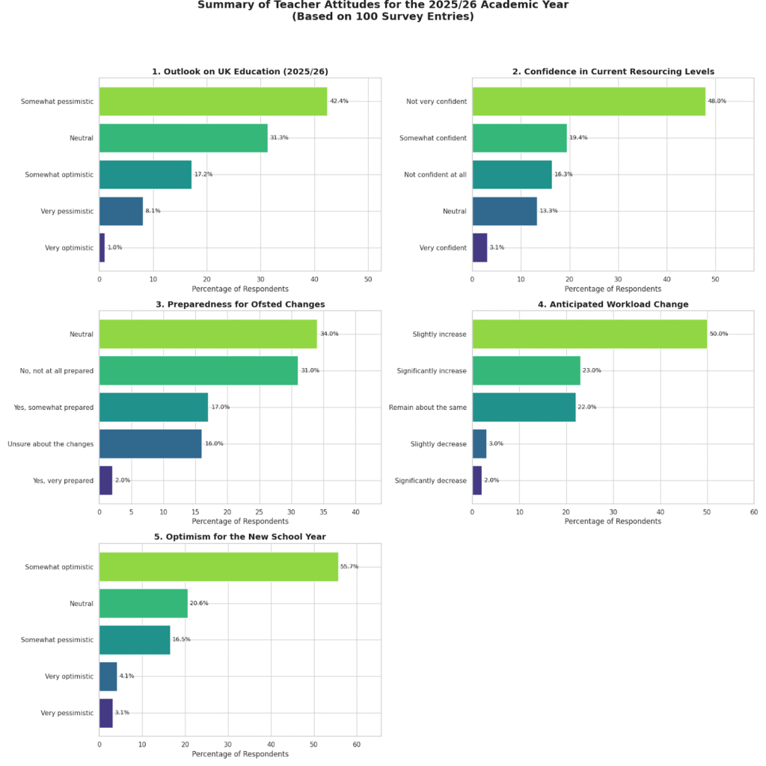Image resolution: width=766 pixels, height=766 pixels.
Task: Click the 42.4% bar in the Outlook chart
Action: pos(213,101)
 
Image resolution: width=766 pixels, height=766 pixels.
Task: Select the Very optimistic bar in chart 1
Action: pos(102,248)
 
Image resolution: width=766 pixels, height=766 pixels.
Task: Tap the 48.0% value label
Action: pos(717,101)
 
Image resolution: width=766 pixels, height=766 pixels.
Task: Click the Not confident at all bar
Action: pos(512,174)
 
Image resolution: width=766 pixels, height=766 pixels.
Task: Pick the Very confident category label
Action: pos(443,248)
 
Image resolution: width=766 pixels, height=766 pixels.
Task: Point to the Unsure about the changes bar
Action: pos(150,444)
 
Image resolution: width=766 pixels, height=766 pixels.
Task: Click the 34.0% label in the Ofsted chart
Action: pos(329,334)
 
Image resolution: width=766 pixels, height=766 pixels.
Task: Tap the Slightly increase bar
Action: pos(589,334)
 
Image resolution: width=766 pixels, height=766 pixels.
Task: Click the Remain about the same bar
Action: pos(524,407)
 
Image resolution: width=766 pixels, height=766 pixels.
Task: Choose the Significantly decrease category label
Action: pos(431,480)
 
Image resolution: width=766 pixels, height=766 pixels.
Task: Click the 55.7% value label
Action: pos(349,566)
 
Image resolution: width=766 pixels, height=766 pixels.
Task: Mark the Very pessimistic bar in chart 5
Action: pos(106,713)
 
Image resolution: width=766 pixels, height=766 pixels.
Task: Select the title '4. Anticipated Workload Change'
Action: pos(613,304)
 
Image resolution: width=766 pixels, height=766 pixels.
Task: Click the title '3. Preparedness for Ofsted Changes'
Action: pos(239,304)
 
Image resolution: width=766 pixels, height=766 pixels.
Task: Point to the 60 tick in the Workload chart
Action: pos(753,512)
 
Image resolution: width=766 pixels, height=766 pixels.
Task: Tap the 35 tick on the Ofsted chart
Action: pos(323,512)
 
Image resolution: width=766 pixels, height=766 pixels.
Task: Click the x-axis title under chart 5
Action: pos(240,754)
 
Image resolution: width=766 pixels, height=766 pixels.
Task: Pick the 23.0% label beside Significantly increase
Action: pos(592,370)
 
